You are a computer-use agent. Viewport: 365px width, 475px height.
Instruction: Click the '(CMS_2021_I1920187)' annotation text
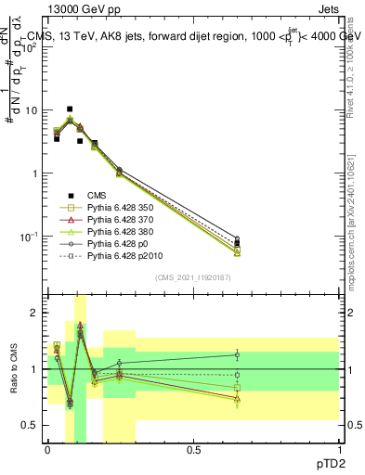(192, 277)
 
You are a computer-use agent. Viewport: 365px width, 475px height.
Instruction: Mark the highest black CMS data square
(69, 109)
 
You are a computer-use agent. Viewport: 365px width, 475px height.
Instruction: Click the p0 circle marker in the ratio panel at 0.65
(237, 354)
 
